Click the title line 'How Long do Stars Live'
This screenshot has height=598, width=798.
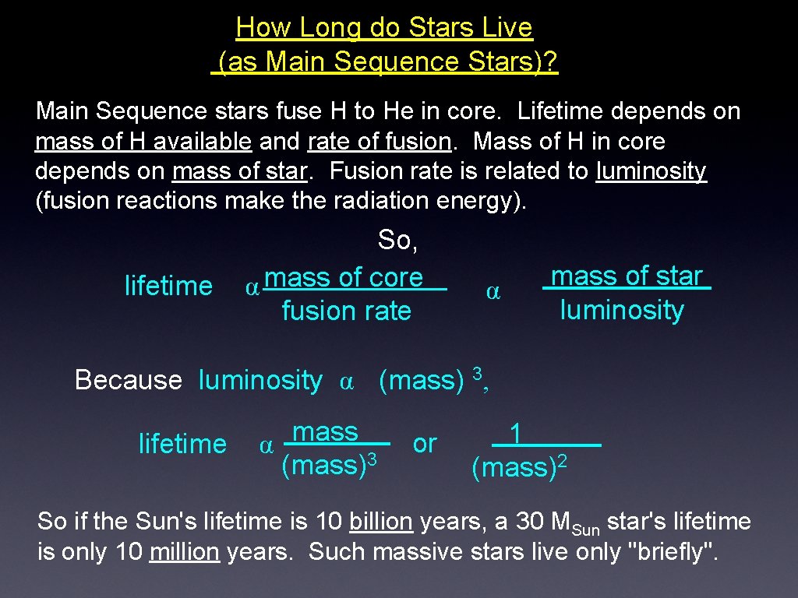click(384, 28)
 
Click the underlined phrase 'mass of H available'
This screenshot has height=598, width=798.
click(143, 142)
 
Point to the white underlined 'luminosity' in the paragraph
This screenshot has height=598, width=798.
click(651, 171)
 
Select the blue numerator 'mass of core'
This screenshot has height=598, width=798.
click(344, 277)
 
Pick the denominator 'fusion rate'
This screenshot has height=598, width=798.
click(346, 311)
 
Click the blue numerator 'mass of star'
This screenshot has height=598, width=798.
click(627, 276)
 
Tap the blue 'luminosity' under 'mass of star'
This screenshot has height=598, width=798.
click(622, 310)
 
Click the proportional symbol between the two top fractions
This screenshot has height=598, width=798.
click(493, 293)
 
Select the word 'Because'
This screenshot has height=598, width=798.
click(128, 380)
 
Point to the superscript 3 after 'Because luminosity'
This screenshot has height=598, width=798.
click(478, 372)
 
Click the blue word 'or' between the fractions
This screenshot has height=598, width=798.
click(425, 444)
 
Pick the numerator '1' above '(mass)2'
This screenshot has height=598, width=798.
click(515, 432)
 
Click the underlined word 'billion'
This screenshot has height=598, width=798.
click(381, 521)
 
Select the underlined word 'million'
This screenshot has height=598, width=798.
click(184, 552)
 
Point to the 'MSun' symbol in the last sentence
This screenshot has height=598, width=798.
click(575, 523)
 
